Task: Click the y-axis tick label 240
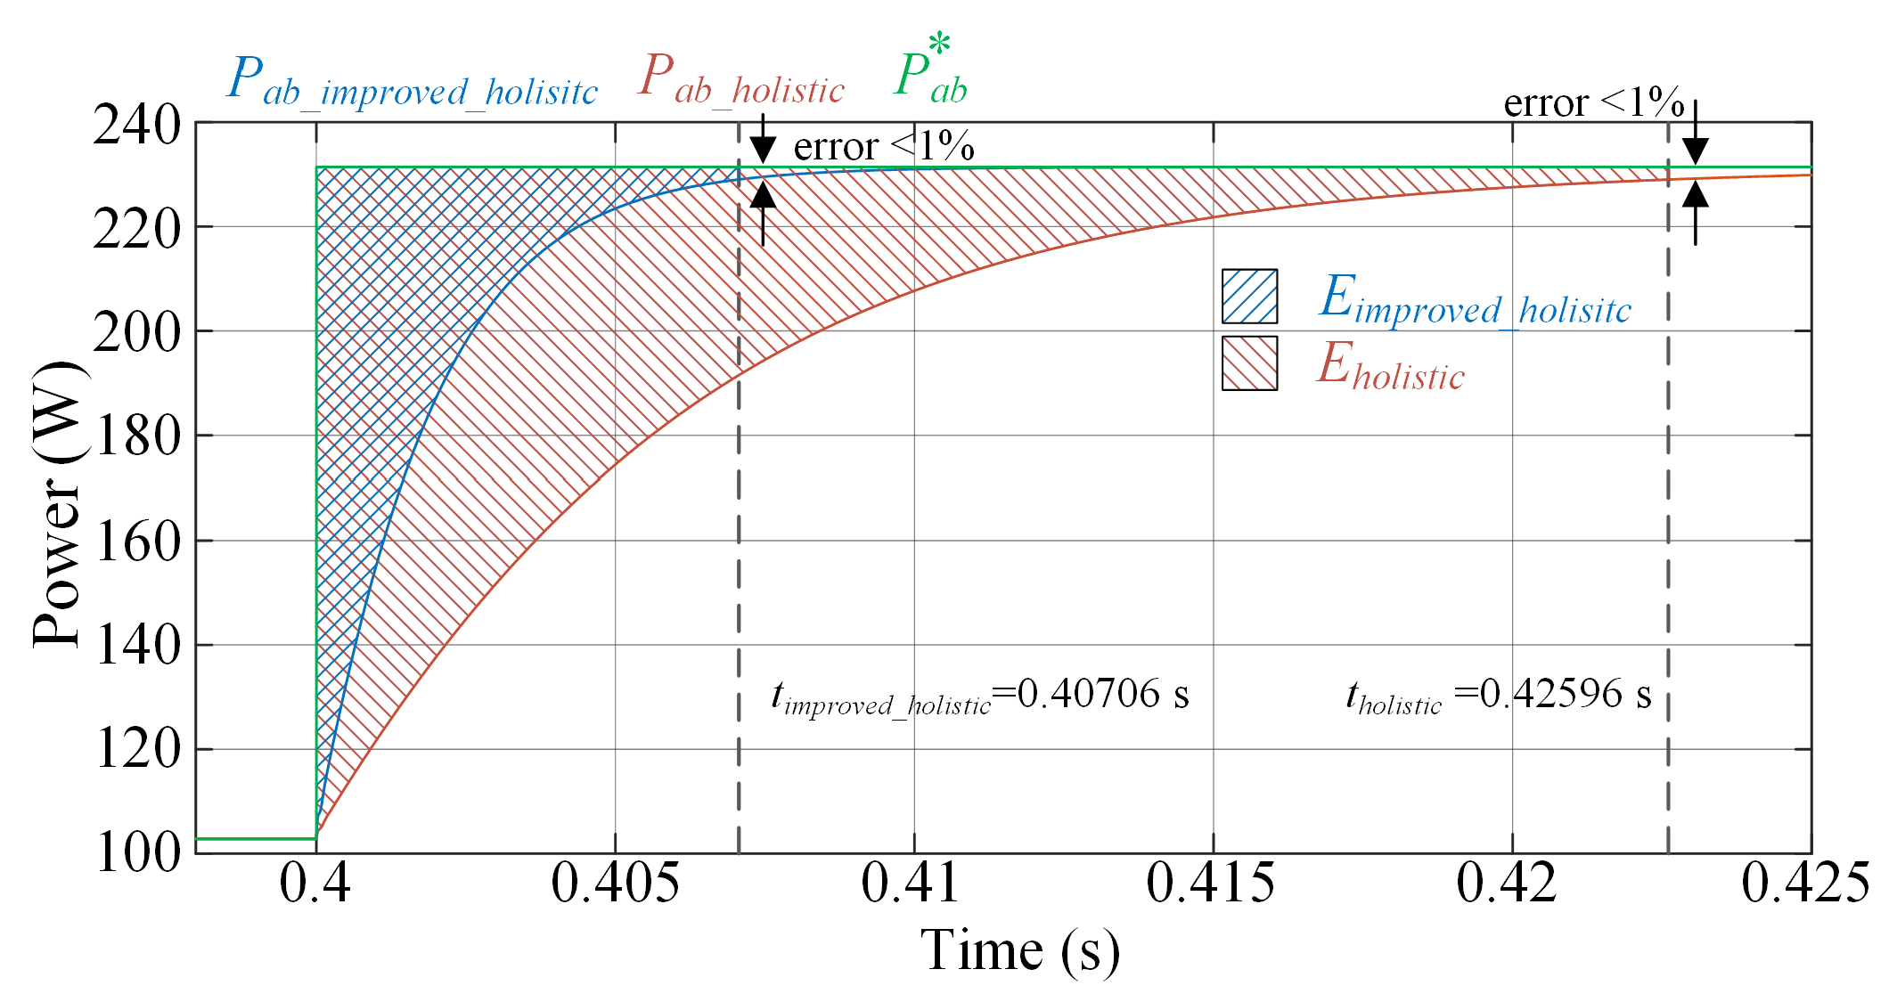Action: coord(136,126)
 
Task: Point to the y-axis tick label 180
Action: coord(136,437)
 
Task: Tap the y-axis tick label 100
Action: coord(136,853)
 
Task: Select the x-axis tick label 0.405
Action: coord(615,884)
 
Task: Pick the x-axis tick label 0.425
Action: coord(1805,884)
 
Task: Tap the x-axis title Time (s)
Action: coord(1019,950)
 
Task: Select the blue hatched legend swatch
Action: coord(1249,297)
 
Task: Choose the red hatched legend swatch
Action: coord(1249,363)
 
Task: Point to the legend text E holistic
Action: coord(1391,366)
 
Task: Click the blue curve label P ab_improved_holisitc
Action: coord(412,82)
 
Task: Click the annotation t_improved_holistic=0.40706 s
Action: coord(979,696)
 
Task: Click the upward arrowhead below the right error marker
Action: coord(1695,193)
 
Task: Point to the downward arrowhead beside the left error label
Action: coord(763,150)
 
